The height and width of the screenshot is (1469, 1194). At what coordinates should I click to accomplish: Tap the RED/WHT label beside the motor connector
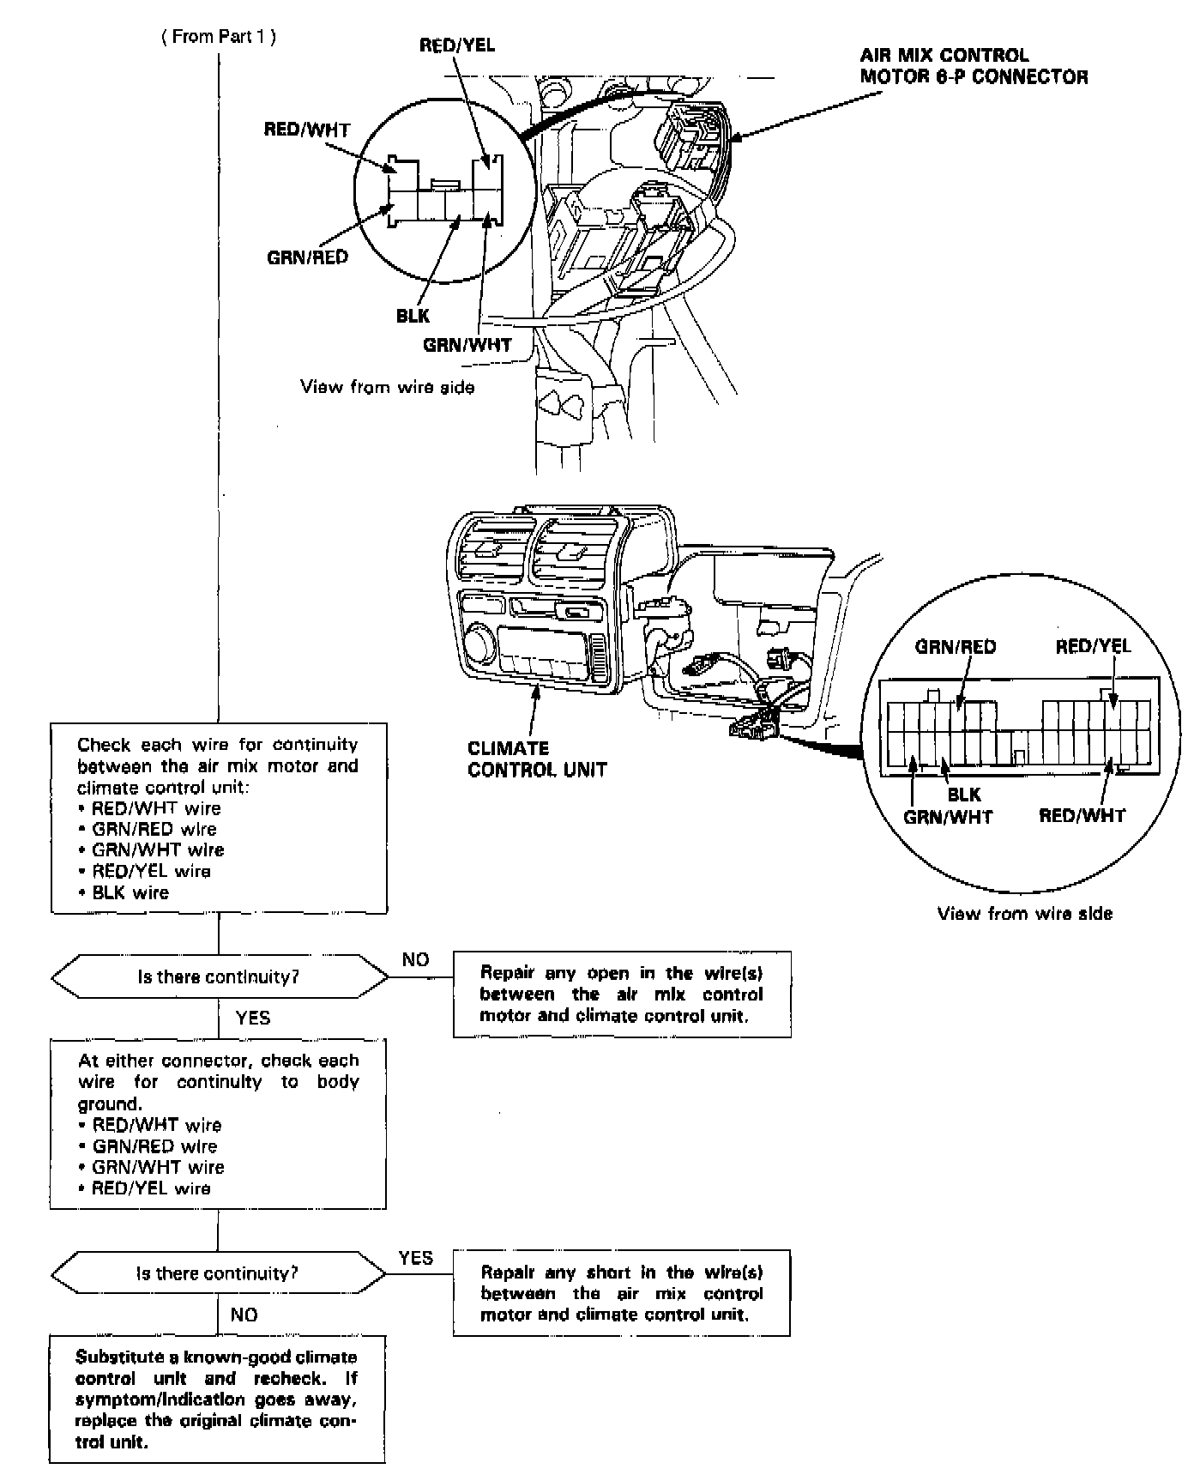click(307, 130)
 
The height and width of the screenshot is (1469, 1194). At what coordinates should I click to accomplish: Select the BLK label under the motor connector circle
click(413, 316)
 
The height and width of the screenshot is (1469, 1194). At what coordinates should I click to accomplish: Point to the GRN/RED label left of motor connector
click(308, 257)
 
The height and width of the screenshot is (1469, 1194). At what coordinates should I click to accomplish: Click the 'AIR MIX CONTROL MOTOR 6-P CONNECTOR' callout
click(974, 66)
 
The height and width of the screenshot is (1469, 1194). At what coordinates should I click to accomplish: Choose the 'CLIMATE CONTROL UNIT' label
click(537, 759)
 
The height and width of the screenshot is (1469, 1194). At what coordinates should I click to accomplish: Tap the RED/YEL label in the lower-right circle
click(1093, 646)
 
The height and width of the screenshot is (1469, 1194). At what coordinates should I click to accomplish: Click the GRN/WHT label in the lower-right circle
click(948, 817)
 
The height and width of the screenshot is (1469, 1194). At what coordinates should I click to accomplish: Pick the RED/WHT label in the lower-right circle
click(1082, 815)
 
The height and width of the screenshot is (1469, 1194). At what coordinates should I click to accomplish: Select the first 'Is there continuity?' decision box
click(219, 976)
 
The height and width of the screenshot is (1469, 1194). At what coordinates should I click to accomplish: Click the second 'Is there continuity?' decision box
click(218, 1273)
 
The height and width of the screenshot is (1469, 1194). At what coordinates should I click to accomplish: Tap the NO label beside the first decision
click(415, 959)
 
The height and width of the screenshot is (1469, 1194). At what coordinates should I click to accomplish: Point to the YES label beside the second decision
click(416, 1258)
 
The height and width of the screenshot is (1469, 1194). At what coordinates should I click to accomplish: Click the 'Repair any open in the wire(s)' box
click(621, 994)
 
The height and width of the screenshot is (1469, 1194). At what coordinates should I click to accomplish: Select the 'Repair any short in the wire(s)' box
click(621, 1293)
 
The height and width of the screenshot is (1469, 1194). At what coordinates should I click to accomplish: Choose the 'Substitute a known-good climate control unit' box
click(217, 1399)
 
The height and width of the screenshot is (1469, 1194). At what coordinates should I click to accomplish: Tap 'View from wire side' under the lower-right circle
click(1024, 913)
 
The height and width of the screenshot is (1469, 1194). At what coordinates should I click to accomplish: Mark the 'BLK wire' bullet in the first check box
click(130, 892)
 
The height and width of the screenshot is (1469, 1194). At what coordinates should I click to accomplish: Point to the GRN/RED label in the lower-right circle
click(956, 646)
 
